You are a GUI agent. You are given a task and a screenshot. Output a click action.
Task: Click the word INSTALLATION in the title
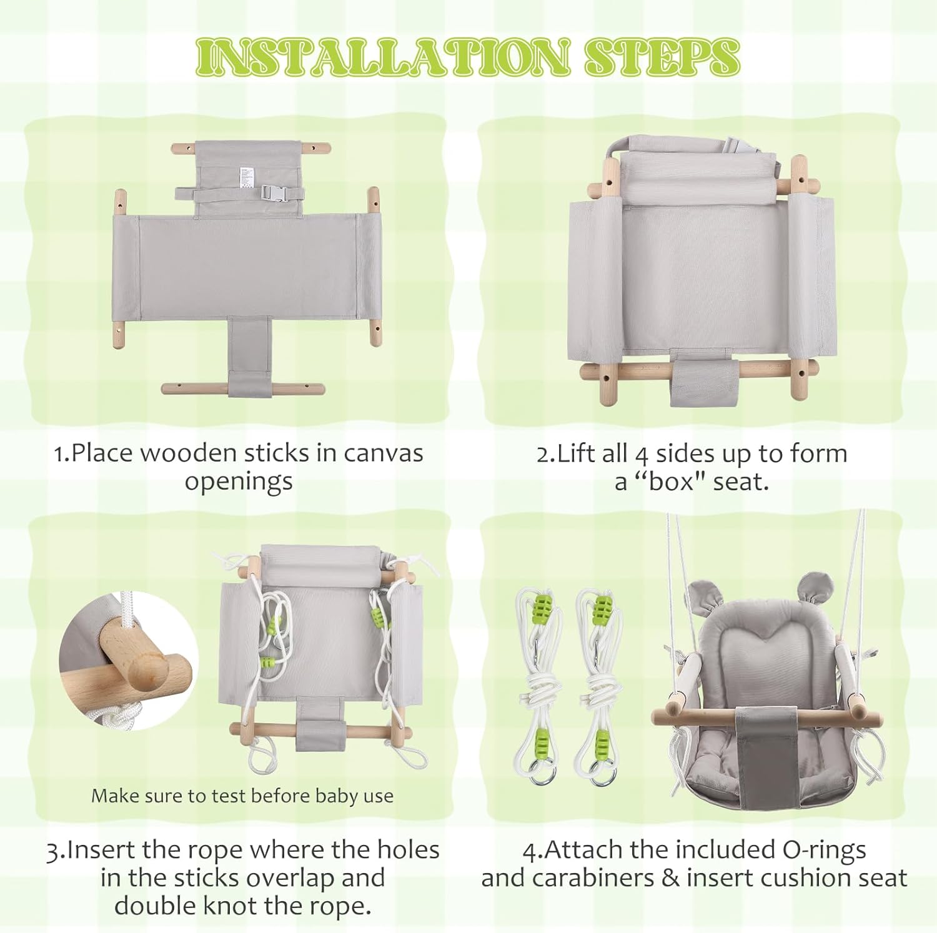pos(382,56)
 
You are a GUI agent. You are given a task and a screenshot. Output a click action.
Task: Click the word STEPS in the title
pos(662,56)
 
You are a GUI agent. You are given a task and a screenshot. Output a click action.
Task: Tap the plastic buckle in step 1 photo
pos(274,194)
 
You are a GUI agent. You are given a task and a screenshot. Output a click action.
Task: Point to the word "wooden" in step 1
pos(188,453)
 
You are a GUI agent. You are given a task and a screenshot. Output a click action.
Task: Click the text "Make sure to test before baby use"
pos(242,796)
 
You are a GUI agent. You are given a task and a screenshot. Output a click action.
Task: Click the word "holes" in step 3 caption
pos(409,849)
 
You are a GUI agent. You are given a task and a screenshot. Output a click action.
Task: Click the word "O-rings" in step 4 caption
pos(825,850)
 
